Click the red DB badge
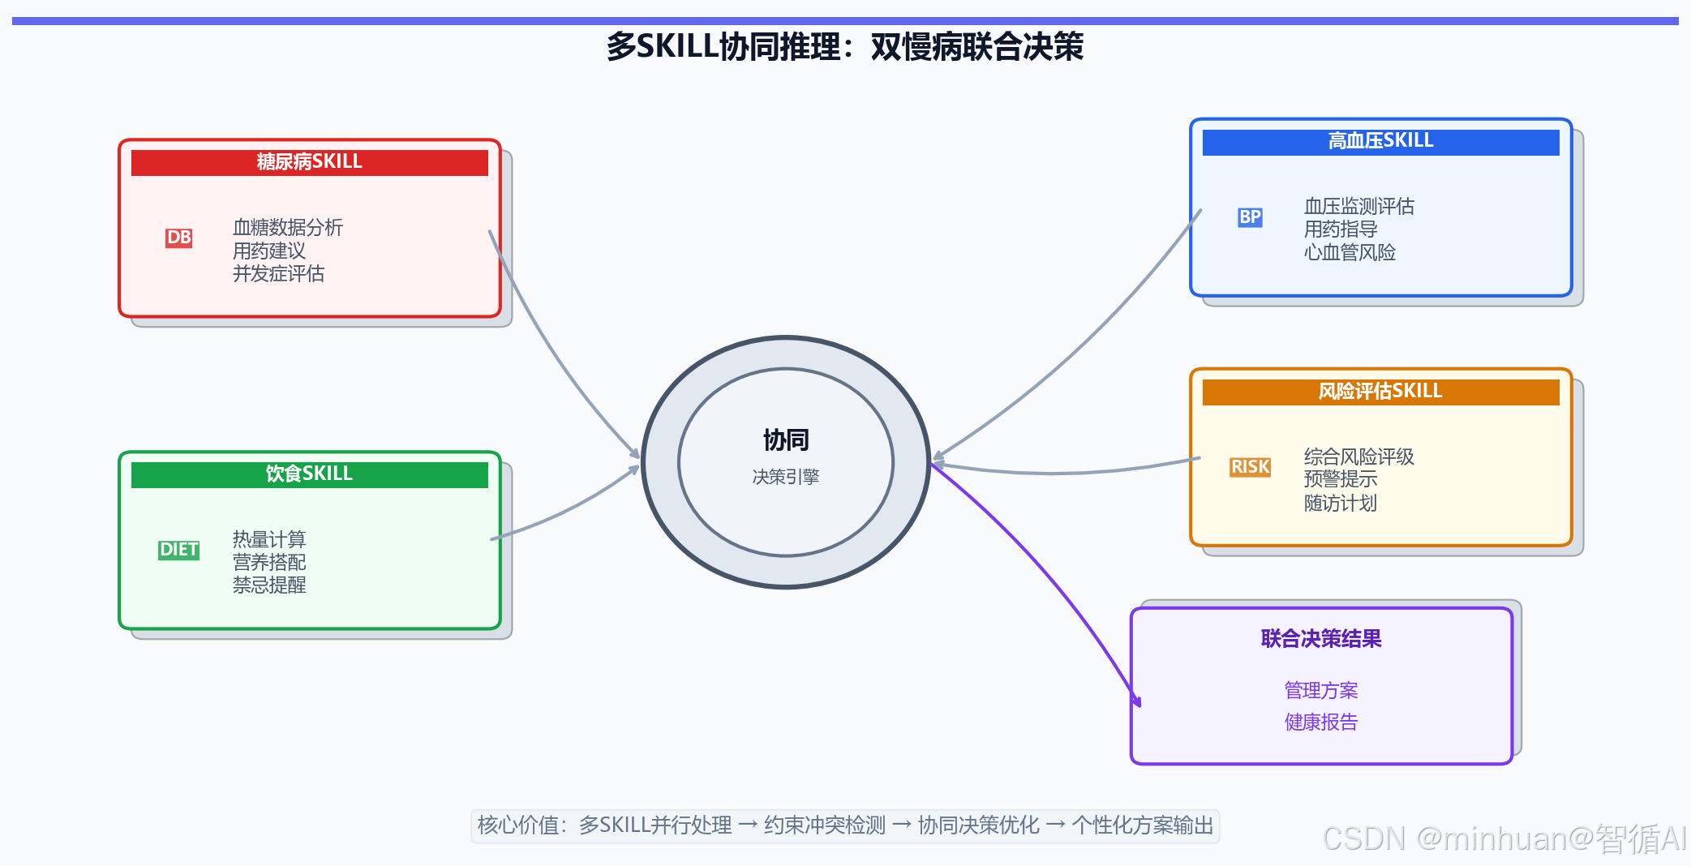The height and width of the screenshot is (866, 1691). (x=178, y=238)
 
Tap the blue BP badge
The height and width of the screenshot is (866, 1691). (x=1250, y=217)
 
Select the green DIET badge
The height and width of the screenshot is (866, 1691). (x=178, y=550)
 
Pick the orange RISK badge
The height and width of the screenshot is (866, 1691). (x=1250, y=467)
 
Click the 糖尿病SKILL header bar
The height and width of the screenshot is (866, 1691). (x=309, y=162)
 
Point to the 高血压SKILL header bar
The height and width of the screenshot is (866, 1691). (x=1380, y=141)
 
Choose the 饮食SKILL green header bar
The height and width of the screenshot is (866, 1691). (x=309, y=474)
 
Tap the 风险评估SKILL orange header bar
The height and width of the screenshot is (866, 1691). (x=1380, y=392)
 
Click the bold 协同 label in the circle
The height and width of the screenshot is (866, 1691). (x=786, y=440)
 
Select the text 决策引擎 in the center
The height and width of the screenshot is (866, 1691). (x=786, y=477)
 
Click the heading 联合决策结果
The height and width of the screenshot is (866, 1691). (x=1321, y=639)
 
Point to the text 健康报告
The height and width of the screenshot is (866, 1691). (x=1321, y=722)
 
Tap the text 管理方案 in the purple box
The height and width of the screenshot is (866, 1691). (x=1321, y=690)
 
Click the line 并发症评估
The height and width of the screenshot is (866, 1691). (x=278, y=274)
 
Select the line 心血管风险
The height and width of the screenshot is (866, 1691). (x=1350, y=253)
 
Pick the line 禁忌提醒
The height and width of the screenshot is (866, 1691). (x=269, y=585)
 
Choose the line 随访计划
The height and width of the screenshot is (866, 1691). (x=1340, y=504)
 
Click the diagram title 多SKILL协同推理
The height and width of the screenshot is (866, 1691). (x=844, y=47)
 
